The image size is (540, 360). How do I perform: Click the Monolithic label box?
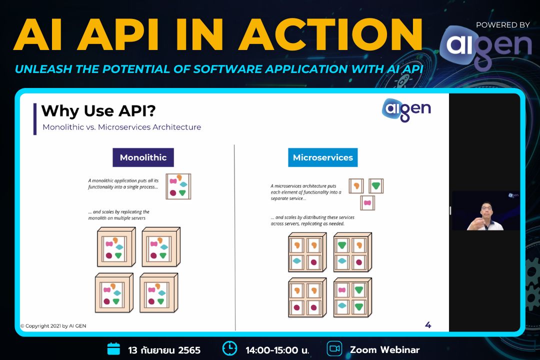tap(143, 157)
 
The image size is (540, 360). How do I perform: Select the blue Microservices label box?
tap(322, 157)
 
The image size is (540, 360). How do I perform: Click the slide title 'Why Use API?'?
tap(91, 111)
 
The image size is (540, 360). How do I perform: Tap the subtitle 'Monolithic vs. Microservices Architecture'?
tap(121, 127)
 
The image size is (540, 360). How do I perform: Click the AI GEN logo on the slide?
tap(406, 109)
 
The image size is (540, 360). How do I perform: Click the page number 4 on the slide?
tap(428, 325)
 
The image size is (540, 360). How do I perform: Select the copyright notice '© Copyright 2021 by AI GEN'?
tap(53, 326)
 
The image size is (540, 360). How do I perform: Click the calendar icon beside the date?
tap(114, 348)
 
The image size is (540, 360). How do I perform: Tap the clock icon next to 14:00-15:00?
tap(229, 348)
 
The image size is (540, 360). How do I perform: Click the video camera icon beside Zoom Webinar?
tap(334, 348)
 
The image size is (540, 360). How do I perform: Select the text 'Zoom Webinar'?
tap(384, 349)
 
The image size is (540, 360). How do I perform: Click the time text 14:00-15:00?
tap(277, 350)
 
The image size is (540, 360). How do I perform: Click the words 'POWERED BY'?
tap(502, 24)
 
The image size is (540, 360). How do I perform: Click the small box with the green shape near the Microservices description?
tap(376, 186)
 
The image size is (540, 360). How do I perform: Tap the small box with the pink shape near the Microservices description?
tap(367, 203)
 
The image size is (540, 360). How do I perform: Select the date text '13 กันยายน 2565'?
tap(164, 350)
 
